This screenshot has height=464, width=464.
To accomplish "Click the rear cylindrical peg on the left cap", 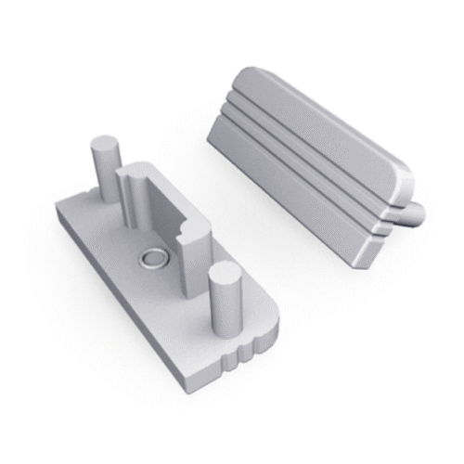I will coord(103,172).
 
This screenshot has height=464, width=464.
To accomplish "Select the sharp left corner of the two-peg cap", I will coord(58,210).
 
